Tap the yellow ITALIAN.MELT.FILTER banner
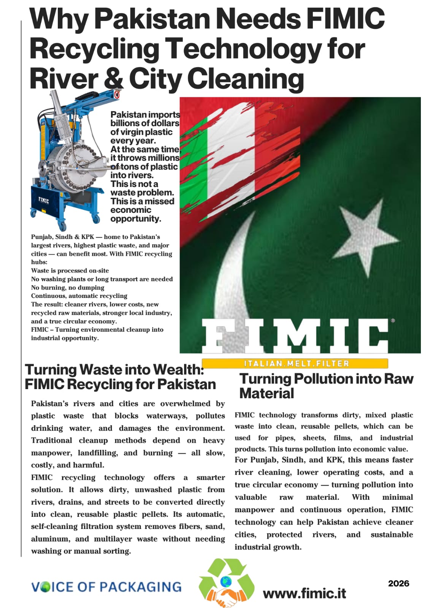[295, 364]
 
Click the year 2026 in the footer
[398, 583]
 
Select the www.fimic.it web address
[304, 593]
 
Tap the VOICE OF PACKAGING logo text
[106, 587]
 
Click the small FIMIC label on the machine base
[43, 200]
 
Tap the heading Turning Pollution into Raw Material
[326, 386]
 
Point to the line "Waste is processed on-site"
[70, 271]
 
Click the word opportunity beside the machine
[136, 219]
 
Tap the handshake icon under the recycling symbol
[227, 597]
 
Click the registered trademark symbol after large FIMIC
[393, 321]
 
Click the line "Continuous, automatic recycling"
[79, 296]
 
